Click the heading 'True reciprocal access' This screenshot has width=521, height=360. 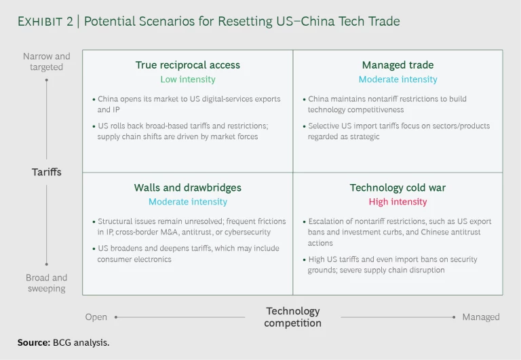(x=187, y=65)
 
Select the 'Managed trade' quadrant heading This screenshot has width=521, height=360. (x=398, y=65)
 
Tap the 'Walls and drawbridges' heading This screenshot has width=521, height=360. (x=187, y=187)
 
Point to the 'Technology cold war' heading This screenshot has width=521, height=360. (x=398, y=187)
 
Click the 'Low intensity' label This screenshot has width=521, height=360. (x=187, y=79)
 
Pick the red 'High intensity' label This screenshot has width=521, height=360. (x=398, y=202)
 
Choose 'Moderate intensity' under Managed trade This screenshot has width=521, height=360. (x=398, y=79)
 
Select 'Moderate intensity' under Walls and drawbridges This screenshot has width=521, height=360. (x=187, y=202)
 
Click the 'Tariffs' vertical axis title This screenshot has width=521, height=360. (x=46, y=172)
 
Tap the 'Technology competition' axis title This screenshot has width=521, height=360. (x=292, y=317)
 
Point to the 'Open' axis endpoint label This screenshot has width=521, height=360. (x=96, y=317)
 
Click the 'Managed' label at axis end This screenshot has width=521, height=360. (x=480, y=317)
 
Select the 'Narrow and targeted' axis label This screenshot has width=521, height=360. (x=46, y=62)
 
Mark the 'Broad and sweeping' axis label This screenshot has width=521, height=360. (x=46, y=283)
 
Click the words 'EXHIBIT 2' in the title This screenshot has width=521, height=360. (x=43, y=22)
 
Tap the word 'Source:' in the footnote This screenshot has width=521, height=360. (x=33, y=342)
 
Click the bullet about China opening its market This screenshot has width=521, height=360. (x=189, y=104)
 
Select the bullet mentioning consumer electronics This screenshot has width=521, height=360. (x=188, y=253)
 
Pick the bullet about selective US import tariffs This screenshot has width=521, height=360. (x=399, y=131)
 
